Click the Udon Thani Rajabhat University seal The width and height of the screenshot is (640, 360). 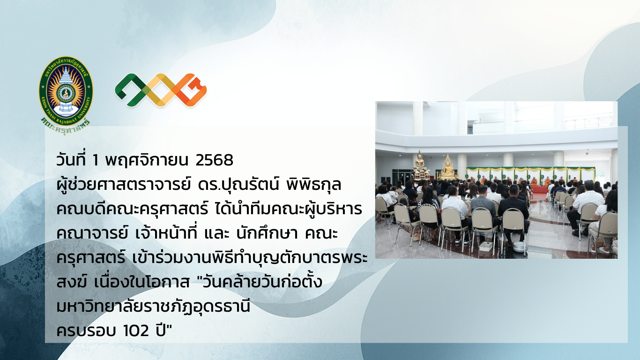[x=66, y=91]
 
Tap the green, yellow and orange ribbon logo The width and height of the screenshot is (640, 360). [x=161, y=90]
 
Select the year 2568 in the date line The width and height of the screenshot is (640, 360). [x=214, y=160]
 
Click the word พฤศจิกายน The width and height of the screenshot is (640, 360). [x=147, y=160]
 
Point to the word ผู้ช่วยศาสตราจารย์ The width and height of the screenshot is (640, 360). [x=123, y=184]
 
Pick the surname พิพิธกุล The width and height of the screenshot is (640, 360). [x=314, y=184]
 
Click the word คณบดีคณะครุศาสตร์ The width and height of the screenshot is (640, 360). [x=132, y=210]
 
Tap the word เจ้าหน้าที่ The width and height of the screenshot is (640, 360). [x=166, y=233]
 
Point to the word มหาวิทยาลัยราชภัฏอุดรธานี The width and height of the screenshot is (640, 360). [x=153, y=307]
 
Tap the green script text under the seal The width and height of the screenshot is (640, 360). [x=66, y=126]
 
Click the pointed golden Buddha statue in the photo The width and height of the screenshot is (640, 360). [x=447, y=167]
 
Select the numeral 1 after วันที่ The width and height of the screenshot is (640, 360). [x=96, y=160]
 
